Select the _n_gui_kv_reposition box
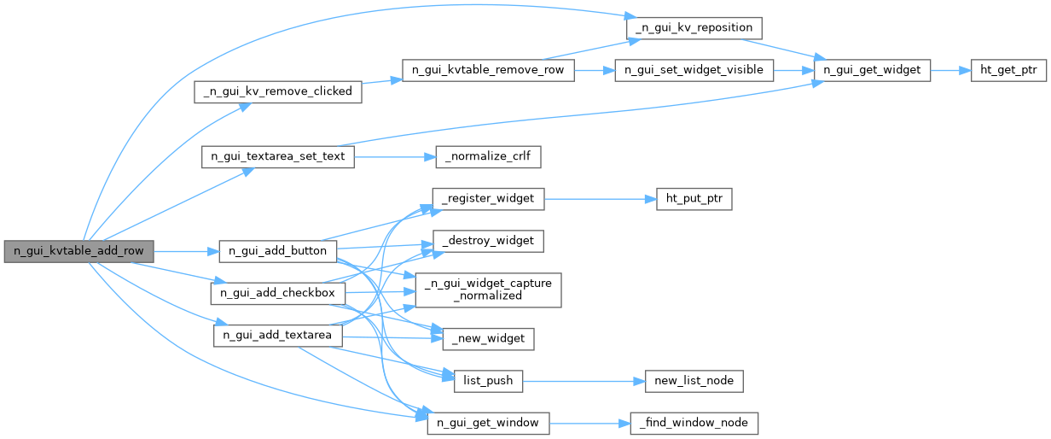pyautogui.click(x=694, y=26)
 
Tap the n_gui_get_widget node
pyautogui.click(x=870, y=70)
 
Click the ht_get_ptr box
pyautogui.click(x=1008, y=70)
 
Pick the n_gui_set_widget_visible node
pyautogui.click(x=694, y=70)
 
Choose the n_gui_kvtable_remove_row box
pyautogui.click(x=487, y=70)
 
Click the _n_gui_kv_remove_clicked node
pyautogui.click(x=278, y=91)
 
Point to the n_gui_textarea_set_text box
pyautogui.click(x=277, y=157)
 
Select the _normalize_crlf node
pyautogui.click(x=488, y=157)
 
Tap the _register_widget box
pyautogui.click(x=488, y=198)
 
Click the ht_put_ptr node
pyautogui.click(x=694, y=198)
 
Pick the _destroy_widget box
pyautogui.click(x=488, y=241)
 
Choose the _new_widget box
pyautogui.click(x=488, y=339)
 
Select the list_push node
pyautogui.click(x=488, y=381)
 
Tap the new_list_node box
pyautogui.click(x=694, y=381)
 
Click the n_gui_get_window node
pyautogui.click(x=488, y=423)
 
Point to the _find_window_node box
pyautogui.click(x=694, y=423)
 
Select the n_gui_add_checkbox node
pyautogui.click(x=277, y=293)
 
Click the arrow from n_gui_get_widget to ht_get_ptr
pyautogui.click(x=950, y=70)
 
